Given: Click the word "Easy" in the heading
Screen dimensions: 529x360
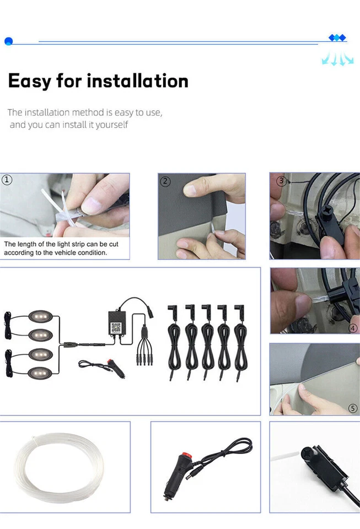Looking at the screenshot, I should coord(29,81).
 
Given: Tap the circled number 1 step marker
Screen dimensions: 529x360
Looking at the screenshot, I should coord(7,180).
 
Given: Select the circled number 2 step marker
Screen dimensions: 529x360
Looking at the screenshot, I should coord(164,181).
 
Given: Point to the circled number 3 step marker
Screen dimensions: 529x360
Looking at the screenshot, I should coord(281,181).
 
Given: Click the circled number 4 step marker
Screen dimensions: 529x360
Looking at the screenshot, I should coord(353,328).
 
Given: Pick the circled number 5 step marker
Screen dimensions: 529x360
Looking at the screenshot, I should coord(353,408).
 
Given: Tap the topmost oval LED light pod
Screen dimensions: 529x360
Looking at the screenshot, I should coord(41,318).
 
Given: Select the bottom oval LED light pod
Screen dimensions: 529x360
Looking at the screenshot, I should coord(41,371).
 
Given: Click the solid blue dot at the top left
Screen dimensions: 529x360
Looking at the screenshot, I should coord(8,41).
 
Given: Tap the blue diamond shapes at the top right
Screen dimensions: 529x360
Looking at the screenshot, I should coord(337,38).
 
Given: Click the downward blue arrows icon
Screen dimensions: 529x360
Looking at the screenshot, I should coord(337,58).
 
